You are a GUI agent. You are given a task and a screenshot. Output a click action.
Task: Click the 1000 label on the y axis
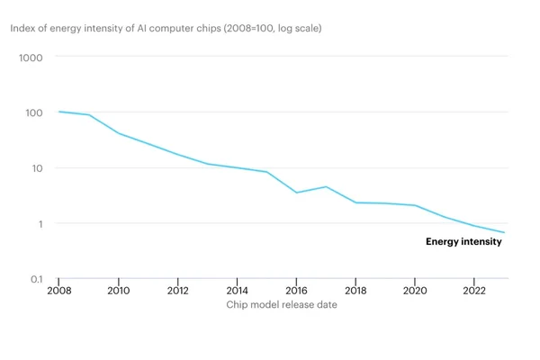click(31, 58)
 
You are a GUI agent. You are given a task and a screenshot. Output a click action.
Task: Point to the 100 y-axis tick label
click(34, 112)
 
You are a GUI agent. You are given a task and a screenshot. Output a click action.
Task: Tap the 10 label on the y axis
click(37, 168)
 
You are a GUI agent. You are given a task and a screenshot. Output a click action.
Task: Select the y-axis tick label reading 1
click(40, 224)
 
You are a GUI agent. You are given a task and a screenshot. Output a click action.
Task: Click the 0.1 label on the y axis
click(37, 279)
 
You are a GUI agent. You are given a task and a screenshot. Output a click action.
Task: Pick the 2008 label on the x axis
click(59, 291)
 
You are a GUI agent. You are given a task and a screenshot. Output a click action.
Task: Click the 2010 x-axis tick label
click(119, 291)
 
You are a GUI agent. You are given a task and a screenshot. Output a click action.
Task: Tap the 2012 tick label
click(177, 291)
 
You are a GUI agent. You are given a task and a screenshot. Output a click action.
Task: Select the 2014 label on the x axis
click(238, 291)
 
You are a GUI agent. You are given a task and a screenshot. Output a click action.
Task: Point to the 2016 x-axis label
click(296, 291)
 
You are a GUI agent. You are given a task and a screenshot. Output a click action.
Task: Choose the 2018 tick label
click(355, 291)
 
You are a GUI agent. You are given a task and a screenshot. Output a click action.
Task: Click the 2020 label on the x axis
click(415, 291)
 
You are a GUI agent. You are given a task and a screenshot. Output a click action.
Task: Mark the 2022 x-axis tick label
click(474, 291)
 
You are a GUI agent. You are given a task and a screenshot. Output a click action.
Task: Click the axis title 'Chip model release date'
click(282, 304)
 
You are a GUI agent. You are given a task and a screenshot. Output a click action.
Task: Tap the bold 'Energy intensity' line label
click(463, 241)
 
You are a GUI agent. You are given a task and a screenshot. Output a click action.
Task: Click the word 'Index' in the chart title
click(22, 28)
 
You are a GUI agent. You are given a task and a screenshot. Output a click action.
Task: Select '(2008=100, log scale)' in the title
click(273, 28)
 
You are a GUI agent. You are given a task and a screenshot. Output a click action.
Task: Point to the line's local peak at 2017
click(326, 186)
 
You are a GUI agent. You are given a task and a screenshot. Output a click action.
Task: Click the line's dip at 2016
click(296, 193)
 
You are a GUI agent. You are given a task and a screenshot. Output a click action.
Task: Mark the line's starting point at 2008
click(59, 112)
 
